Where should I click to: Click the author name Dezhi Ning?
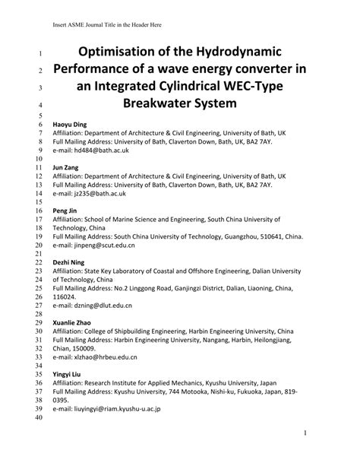click(x=68, y=260)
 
